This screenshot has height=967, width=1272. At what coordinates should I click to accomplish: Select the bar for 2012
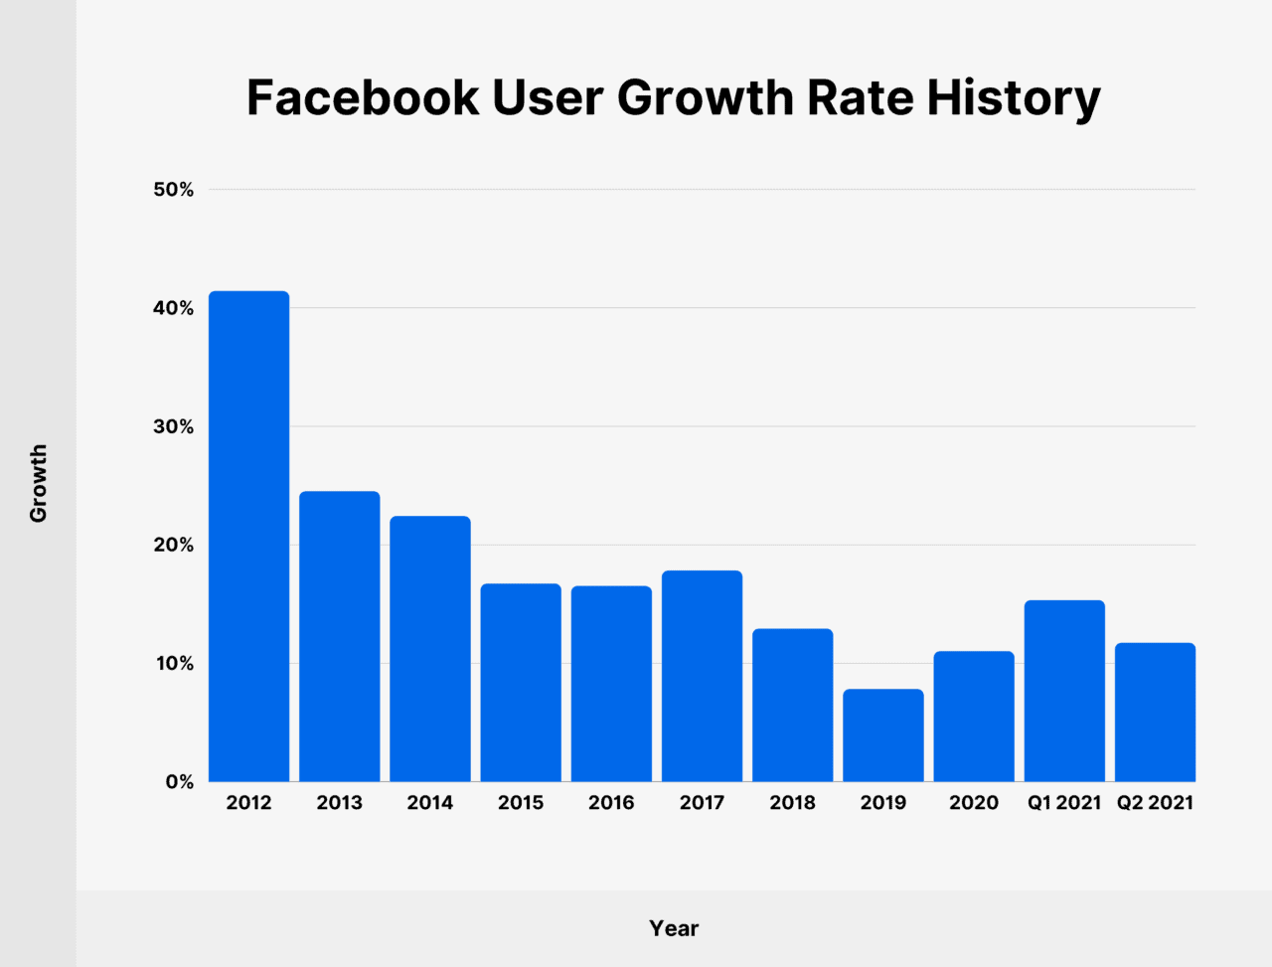pos(248,537)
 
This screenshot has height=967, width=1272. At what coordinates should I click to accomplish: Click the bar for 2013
pos(339,636)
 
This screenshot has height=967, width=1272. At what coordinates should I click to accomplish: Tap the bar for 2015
pos(521,683)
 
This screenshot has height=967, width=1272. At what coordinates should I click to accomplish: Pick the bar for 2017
pos(702,676)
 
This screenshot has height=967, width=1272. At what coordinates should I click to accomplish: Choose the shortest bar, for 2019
pos(882,735)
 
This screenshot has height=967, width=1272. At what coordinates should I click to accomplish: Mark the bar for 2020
pos(974,717)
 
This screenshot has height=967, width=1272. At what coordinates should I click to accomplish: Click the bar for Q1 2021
pos(1064,691)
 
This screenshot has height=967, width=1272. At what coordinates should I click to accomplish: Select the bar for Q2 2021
pos(1155,713)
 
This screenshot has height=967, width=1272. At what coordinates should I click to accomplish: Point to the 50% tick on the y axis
pos(174,190)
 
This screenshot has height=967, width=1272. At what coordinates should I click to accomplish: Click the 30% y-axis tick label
pos(174,426)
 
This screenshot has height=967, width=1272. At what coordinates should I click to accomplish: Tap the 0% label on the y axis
pos(179,782)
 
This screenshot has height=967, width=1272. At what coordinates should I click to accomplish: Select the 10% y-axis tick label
pos(174,664)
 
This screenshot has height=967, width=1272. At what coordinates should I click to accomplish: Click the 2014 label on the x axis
pos(429,803)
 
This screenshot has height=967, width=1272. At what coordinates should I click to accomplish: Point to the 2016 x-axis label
pos(611,803)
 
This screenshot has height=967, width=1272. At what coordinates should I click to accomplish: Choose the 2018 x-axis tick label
pos(792,803)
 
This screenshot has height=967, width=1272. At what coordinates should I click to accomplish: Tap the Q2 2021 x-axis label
pos(1155,803)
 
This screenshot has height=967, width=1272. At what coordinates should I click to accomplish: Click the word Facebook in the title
pos(362,98)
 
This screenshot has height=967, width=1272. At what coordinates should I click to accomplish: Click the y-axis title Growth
pos(38,484)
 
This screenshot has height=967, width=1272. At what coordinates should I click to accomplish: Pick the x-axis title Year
pos(674,928)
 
